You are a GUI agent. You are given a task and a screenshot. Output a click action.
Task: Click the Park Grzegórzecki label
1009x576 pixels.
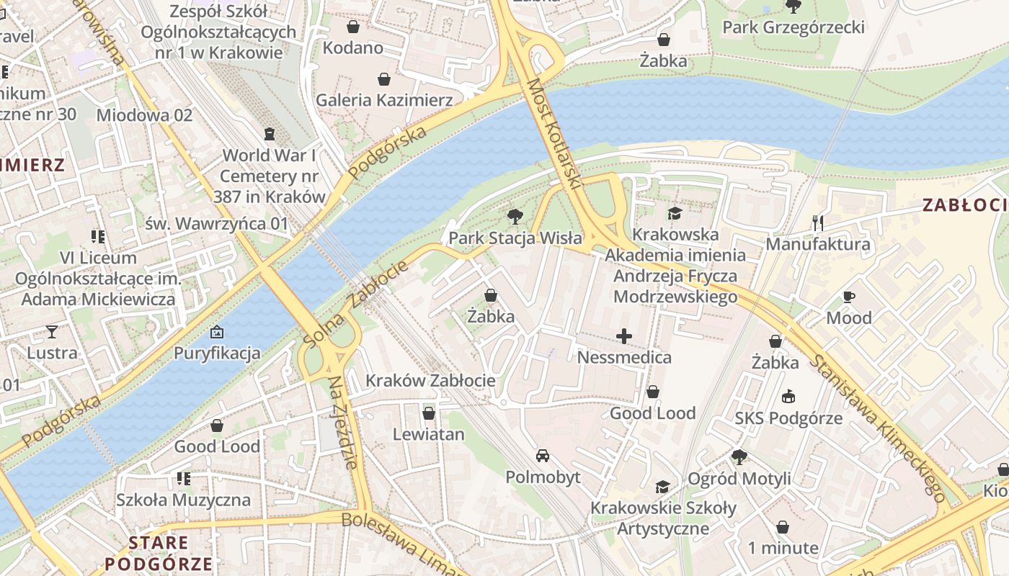[x=794, y=27]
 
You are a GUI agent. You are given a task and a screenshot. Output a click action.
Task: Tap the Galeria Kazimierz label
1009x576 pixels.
[x=384, y=100]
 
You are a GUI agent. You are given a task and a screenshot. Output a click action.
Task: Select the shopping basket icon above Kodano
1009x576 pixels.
[x=353, y=27]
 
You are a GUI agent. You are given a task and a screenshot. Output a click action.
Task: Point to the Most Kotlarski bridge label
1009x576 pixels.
[x=554, y=134]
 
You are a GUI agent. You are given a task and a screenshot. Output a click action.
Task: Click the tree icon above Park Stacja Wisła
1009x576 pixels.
[x=515, y=216]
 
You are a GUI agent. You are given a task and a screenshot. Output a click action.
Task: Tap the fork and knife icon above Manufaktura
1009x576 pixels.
[x=817, y=222]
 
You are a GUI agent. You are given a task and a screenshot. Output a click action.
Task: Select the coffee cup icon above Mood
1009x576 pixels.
[x=849, y=297]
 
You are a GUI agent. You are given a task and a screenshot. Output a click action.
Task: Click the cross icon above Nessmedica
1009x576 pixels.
[x=624, y=336]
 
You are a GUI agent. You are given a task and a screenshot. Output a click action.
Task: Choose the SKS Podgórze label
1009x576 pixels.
[x=788, y=418]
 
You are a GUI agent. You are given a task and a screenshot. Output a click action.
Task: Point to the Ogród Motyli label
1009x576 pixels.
[x=739, y=478]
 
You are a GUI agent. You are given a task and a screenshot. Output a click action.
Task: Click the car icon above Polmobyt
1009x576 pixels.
[x=543, y=456]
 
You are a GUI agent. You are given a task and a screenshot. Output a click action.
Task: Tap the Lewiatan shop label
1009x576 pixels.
[x=428, y=434]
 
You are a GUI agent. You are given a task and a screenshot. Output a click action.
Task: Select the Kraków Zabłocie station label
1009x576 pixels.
[x=430, y=380]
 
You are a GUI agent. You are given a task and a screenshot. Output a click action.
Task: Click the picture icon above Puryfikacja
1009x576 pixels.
[x=216, y=332]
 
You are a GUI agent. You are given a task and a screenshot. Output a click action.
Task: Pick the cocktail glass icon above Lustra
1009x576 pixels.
[x=52, y=331]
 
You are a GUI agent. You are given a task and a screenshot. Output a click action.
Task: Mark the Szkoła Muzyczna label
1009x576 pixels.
[x=184, y=500]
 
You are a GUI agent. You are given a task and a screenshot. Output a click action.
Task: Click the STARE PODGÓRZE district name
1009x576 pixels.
[x=159, y=553]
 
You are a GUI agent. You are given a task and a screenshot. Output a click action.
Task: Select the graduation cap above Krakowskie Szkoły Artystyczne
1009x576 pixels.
[x=662, y=487]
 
